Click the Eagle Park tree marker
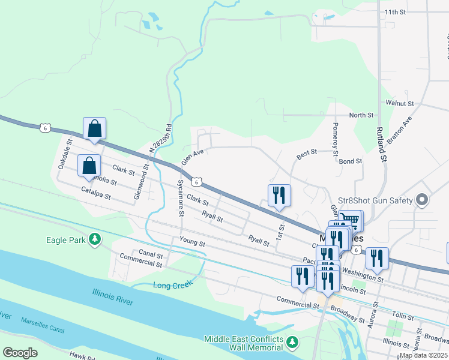tap(95, 240)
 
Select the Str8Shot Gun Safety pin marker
tap(422, 200)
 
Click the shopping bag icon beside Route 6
tap(94, 128)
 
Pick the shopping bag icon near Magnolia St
tap(89, 166)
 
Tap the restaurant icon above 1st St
tap(279, 195)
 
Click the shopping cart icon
tap(351, 220)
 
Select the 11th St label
tap(396, 11)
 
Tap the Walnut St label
tap(400, 103)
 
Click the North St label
tap(361, 115)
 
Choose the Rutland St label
tap(380, 144)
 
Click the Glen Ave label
tap(193, 157)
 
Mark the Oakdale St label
tap(65, 154)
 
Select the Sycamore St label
tap(180, 197)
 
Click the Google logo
tap(20, 353)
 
